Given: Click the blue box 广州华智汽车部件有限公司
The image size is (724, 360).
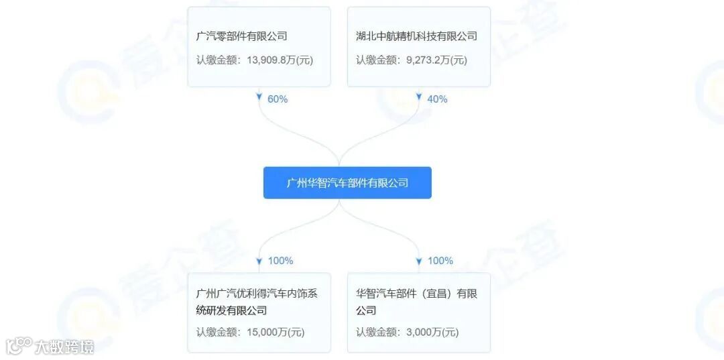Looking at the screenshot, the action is (x=347, y=183).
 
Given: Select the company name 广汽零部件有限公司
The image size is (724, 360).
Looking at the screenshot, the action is (x=241, y=36).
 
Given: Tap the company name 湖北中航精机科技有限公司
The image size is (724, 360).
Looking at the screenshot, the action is (x=416, y=36).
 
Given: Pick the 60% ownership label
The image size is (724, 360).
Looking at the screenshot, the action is (x=278, y=99).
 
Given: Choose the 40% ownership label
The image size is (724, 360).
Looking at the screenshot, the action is (x=437, y=99).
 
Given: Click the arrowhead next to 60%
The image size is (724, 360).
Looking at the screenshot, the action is (x=259, y=98).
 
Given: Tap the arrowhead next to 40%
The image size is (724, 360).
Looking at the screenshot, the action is (x=419, y=98).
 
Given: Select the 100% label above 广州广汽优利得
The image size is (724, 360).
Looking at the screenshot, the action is (x=280, y=261).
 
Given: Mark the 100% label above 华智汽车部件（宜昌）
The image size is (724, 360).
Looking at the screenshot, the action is (x=440, y=261).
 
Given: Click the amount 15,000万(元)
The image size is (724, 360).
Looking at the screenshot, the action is (x=271, y=332).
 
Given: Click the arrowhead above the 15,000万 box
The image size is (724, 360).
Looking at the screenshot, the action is (x=259, y=260).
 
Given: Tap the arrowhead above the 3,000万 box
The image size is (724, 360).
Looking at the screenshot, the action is (x=419, y=260).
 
